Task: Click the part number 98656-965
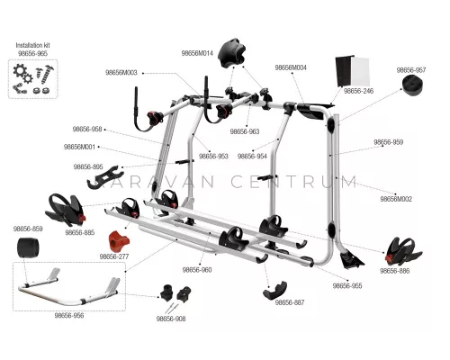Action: click(x=32, y=53)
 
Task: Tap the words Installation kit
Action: click(x=32, y=45)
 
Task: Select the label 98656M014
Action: click(x=197, y=53)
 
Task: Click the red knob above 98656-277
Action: click(x=119, y=241)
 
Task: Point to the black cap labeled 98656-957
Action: click(x=413, y=85)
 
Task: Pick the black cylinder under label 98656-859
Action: click(x=28, y=247)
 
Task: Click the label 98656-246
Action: click(x=358, y=91)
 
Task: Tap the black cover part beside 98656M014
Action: click(x=231, y=53)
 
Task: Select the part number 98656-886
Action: click(x=394, y=271)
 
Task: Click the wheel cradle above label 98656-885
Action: click(x=66, y=210)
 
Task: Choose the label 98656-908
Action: click(x=171, y=319)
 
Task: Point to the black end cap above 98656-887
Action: click(x=274, y=290)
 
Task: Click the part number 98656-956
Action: click(x=69, y=316)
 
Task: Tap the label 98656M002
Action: click(x=396, y=199)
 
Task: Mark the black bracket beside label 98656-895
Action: click(x=105, y=177)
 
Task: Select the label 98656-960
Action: click(x=197, y=270)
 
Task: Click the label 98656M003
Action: click(x=121, y=73)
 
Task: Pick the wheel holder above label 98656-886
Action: click(x=404, y=251)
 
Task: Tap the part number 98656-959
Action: click(x=388, y=142)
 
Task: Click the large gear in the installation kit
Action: click(x=20, y=71)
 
